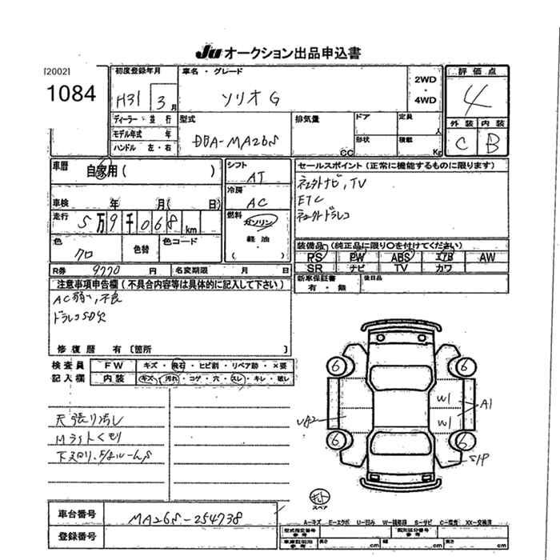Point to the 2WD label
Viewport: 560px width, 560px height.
click(426, 81)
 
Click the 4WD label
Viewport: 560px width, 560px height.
click(426, 101)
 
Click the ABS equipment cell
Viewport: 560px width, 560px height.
click(400, 258)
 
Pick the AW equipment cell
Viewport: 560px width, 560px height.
click(486, 258)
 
